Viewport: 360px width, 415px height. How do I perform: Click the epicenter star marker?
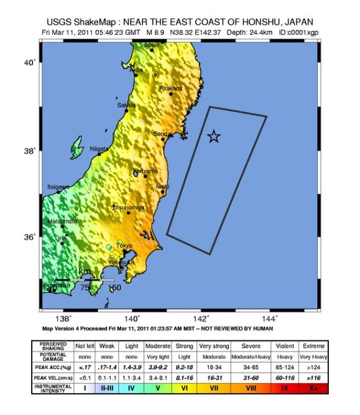[214, 136]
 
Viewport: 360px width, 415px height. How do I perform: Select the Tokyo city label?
[125, 246]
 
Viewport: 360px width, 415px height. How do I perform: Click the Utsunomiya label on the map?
[129, 207]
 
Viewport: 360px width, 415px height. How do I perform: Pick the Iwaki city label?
[162, 187]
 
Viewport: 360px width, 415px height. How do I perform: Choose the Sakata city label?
[126, 105]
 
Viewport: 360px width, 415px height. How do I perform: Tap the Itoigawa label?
[59, 187]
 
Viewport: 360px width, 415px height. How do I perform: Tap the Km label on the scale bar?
[83, 272]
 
